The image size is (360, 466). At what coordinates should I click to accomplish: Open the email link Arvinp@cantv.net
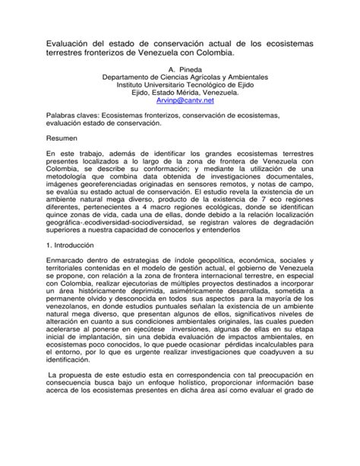[x=179, y=120]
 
